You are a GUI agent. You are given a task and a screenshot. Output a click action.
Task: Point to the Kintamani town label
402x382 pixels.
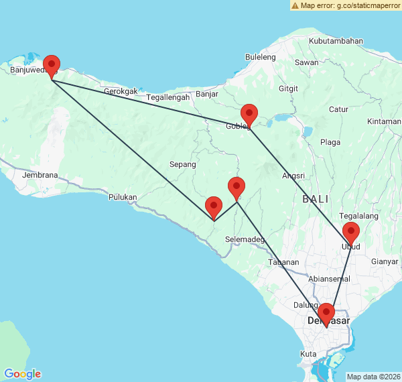coord(384,121)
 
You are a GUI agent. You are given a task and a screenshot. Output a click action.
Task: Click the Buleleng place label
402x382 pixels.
coord(261,58)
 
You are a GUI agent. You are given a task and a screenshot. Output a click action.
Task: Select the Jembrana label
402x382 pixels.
coord(40,176)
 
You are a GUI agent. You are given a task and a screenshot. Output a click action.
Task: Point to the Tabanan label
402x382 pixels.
coord(284,262)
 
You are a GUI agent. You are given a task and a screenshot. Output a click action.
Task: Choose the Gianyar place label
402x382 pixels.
coord(384,261)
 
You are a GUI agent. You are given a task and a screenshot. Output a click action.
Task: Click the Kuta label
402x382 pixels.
coord(309,353)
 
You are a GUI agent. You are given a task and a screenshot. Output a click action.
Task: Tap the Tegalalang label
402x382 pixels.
coord(358,216)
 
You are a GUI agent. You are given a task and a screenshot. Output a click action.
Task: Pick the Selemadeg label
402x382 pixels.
coord(245,239)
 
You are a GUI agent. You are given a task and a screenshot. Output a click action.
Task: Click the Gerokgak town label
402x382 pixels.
coord(121,91)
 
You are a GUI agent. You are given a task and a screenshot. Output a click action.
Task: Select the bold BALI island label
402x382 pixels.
coord(316,199)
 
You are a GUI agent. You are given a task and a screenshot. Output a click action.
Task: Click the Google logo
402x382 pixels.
coord(22,374)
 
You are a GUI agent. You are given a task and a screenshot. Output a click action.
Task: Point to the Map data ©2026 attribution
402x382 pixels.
coord(373,377)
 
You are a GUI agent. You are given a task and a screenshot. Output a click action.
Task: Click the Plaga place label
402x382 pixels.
coord(330,142)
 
